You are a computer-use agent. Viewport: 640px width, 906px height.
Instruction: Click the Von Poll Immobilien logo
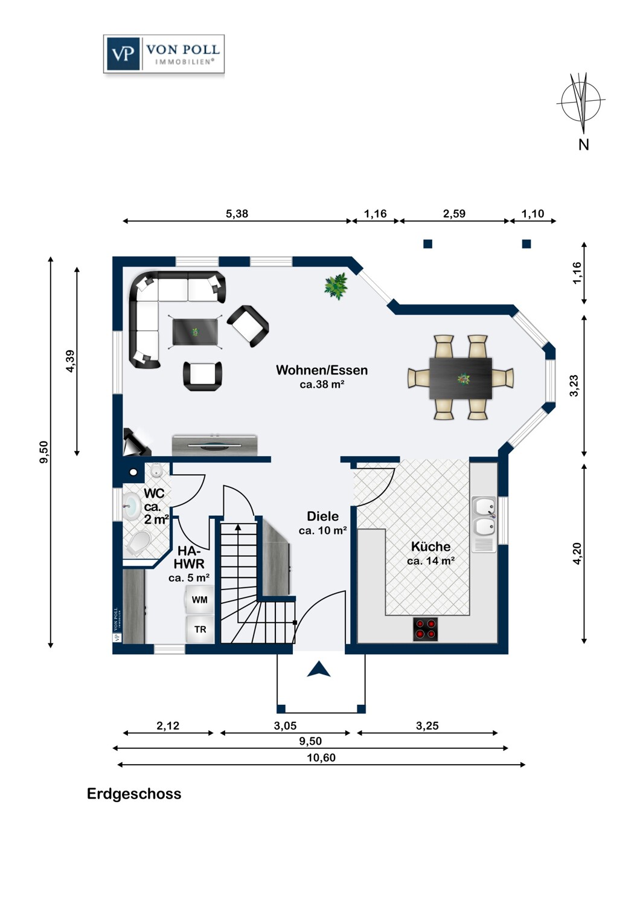(164, 54)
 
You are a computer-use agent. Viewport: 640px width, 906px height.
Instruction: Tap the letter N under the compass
(583, 144)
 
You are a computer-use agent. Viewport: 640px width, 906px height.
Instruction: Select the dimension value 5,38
(237, 214)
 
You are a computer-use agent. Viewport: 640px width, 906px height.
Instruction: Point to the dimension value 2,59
(454, 214)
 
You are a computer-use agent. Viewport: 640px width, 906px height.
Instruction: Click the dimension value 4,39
(71, 361)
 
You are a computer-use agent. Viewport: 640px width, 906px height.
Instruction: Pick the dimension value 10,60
(321, 757)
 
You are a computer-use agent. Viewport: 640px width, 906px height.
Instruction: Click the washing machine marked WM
(199, 599)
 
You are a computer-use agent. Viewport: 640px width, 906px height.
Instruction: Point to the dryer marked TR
(200, 629)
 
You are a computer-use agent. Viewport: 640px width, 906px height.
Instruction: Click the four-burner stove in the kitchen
(425, 629)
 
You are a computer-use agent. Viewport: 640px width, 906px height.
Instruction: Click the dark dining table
(461, 377)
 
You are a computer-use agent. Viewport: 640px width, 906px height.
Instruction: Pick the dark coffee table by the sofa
(196, 332)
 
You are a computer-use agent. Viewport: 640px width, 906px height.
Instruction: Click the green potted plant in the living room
(336, 286)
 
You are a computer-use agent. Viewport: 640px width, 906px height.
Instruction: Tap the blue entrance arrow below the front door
(319, 669)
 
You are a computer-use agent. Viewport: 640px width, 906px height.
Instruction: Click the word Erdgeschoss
(134, 794)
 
